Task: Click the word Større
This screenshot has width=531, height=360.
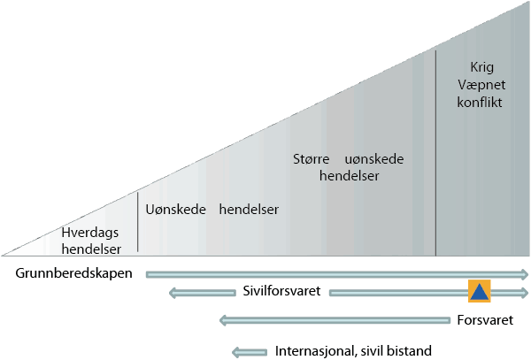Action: [311, 160]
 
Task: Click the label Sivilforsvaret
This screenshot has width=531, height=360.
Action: [281, 292]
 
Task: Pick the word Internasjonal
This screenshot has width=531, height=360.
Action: [314, 350]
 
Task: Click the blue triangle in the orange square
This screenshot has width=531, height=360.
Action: [479, 292]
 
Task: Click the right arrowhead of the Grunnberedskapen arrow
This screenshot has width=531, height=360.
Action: [524, 273]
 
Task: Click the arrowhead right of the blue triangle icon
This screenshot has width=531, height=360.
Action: [524, 292]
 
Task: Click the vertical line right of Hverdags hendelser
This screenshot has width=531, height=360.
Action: [138, 222]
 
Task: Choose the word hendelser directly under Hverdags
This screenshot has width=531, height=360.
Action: [91, 249]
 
